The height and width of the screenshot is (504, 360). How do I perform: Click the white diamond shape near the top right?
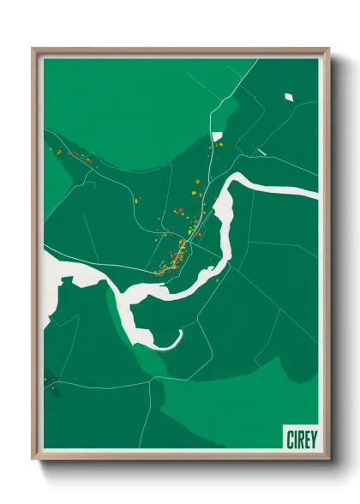click(289, 97)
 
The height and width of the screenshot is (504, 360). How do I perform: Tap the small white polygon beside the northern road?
click(217, 135)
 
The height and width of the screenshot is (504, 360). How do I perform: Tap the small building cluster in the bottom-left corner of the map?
click(51, 381)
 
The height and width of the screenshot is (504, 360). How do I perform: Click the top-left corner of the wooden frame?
click(33, 49)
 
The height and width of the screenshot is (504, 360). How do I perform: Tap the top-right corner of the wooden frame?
click(329, 49)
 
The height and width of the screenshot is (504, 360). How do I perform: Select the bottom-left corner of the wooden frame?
click(33, 459)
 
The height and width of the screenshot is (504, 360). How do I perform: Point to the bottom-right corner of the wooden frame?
click(329, 459)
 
